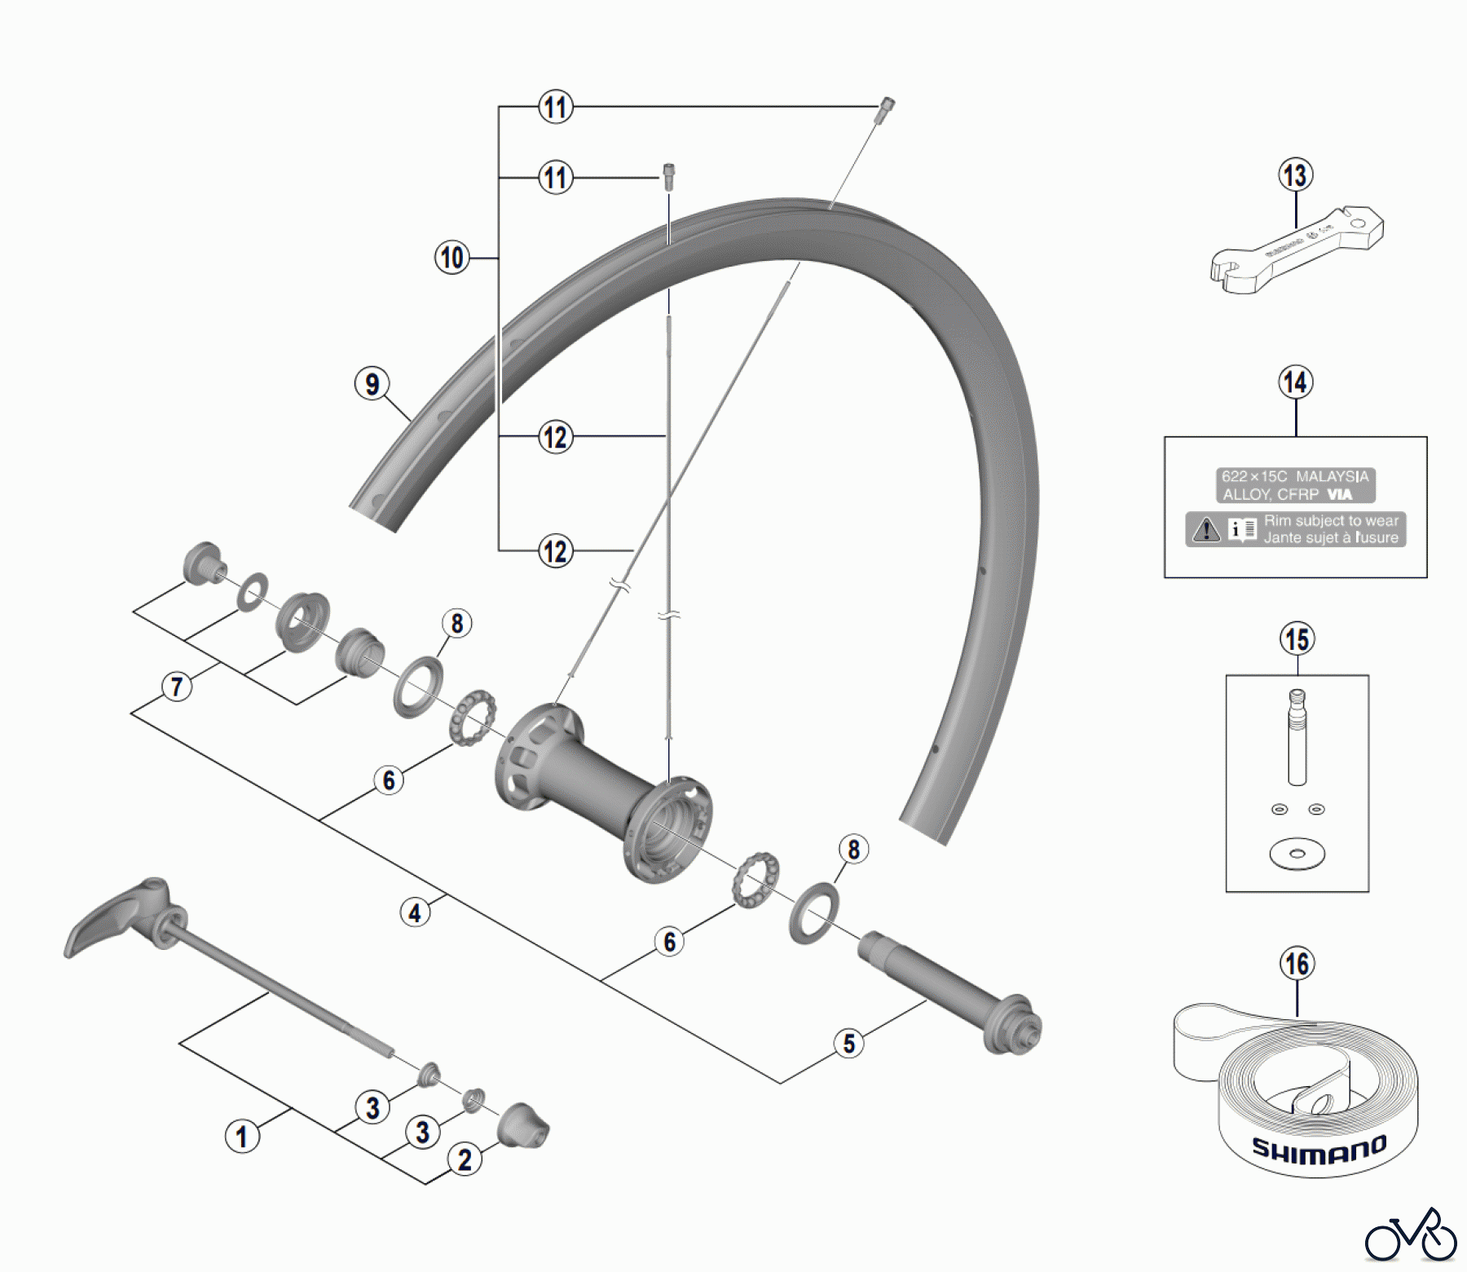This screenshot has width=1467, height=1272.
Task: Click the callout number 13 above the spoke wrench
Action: [x=1295, y=175]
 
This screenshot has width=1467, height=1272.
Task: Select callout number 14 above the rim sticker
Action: [x=1295, y=382]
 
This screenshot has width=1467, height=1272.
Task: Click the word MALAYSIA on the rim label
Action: [x=1333, y=476]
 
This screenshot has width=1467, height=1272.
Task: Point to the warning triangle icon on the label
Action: [x=1205, y=530]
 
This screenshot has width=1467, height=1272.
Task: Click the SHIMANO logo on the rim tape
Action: [x=1319, y=1149]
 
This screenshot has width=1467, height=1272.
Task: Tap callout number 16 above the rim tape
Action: [x=1297, y=964]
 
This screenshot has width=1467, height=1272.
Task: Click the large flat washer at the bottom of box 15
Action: [x=1297, y=854]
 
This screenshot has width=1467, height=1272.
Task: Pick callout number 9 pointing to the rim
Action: [x=372, y=383]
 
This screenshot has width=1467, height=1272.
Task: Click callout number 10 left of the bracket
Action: [x=452, y=258]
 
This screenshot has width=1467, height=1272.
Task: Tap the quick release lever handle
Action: [x=114, y=917]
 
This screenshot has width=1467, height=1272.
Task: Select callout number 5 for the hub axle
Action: [x=849, y=1043]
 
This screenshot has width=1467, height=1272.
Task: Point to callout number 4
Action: [x=415, y=912]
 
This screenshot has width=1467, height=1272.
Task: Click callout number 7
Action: [x=177, y=687]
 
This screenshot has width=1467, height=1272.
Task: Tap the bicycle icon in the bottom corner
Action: [x=1410, y=1238]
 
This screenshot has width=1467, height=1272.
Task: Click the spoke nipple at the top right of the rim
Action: [x=884, y=109]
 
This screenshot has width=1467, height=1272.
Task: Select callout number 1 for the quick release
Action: [x=241, y=1137]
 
